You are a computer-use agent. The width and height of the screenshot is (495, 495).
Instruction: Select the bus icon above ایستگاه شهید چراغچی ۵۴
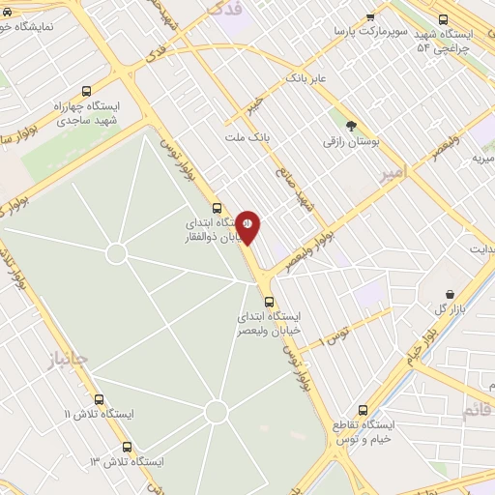point(443,18)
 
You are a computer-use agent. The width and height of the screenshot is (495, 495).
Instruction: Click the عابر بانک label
point(307,76)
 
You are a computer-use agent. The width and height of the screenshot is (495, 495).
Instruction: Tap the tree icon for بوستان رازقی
point(351,125)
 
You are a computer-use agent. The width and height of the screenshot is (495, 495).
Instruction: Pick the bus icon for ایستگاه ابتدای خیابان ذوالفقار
point(216,207)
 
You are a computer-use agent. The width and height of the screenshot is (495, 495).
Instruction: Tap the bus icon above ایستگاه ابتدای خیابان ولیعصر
point(269,301)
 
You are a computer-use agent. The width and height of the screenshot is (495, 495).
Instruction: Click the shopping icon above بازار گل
point(450,293)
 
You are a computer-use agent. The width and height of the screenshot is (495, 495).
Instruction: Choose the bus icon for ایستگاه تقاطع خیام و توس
point(364,410)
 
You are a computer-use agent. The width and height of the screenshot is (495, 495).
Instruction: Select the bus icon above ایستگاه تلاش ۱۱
point(99,399)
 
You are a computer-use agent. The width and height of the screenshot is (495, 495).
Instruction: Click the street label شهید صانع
point(308,202)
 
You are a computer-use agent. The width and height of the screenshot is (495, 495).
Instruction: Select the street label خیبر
point(253,103)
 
